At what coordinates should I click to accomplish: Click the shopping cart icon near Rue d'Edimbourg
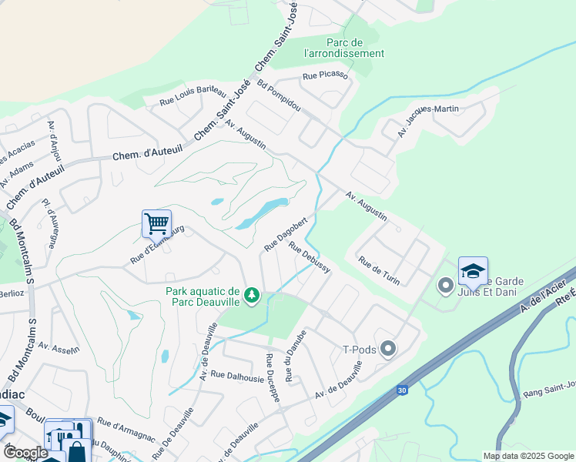click(x=156, y=224)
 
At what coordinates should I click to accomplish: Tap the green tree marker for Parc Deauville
click(x=251, y=295)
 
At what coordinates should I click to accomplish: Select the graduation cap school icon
click(x=473, y=271)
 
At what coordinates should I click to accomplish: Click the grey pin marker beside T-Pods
click(x=388, y=350)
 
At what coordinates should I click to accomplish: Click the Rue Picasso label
click(x=326, y=75)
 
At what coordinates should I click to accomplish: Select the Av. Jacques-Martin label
click(x=428, y=120)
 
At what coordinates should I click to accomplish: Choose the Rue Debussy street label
click(x=310, y=257)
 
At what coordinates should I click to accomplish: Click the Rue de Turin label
click(x=379, y=271)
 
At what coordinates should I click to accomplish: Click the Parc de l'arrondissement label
click(x=343, y=48)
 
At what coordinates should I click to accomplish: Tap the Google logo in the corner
click(x=25, y=453)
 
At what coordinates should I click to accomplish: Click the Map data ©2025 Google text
click(x=528, y=456)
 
